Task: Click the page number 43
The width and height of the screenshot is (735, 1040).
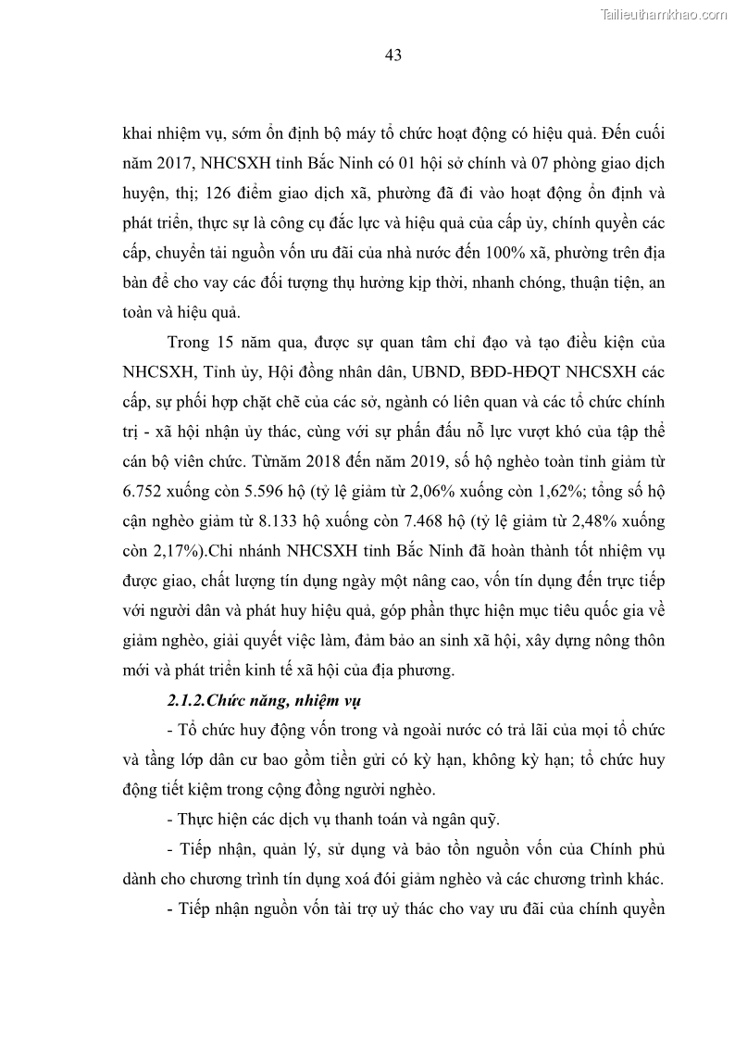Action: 392,56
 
